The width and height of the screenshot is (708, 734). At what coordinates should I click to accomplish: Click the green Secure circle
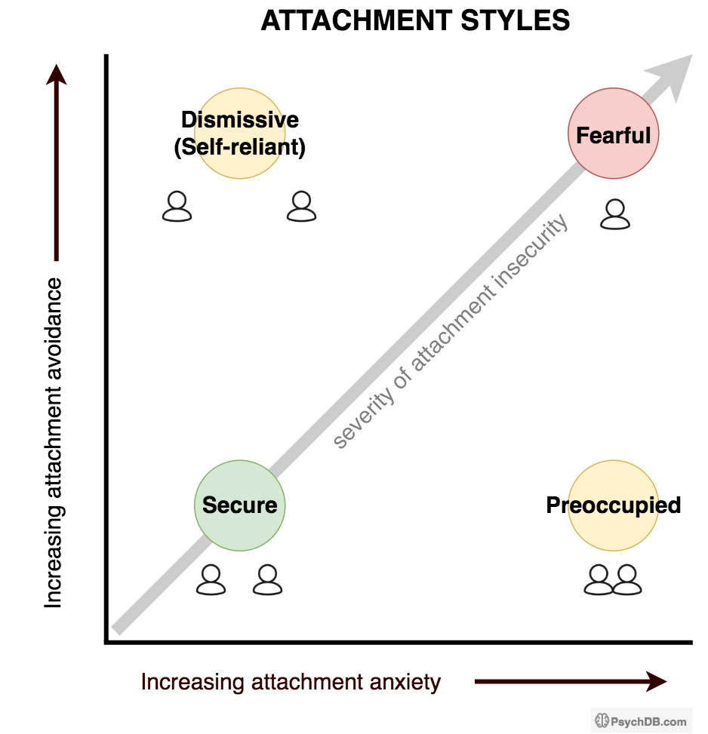click(240, 505)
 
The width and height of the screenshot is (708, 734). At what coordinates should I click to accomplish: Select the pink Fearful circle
click(613, 134)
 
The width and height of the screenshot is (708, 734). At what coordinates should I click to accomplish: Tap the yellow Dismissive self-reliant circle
click(240, 134)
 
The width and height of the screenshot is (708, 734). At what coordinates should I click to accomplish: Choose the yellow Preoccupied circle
click(613, 505)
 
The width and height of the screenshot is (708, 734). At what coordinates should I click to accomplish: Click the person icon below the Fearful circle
click(615, 214)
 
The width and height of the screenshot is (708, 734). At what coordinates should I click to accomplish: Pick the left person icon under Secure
click(211, 580)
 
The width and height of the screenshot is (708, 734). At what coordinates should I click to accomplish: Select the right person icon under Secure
click(267, 580)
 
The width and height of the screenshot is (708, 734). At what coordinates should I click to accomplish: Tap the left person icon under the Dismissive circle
click(177, 207)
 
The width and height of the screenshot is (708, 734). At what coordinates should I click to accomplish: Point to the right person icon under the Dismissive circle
click(301, 207)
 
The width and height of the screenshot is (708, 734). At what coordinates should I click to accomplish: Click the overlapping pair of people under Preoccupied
click(613, 580)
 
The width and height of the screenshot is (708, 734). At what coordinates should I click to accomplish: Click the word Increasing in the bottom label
click(181, 683)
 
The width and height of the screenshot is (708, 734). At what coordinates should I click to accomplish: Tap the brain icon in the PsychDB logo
click(602, 721)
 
